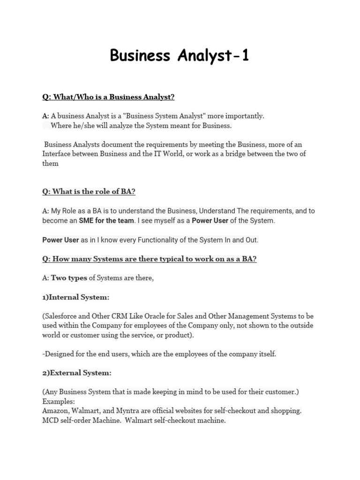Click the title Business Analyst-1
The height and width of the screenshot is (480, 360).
(x=180, y=55)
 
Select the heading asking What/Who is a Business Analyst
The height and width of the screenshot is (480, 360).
(x=108, y=97)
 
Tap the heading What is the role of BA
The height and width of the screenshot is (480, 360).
(x=89, y=191)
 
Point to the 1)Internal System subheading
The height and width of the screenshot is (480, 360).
(x=76, y=297)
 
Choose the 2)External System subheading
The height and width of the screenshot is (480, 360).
(x=77, y=373)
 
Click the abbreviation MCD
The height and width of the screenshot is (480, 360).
(x=50, y=420)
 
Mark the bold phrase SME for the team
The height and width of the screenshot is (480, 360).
(x=106, y=220)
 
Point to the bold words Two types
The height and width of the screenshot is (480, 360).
(x=69, y=278)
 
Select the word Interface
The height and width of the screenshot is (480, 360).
(x=59, y=154)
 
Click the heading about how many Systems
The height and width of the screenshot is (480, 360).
(x=150, y=259)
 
